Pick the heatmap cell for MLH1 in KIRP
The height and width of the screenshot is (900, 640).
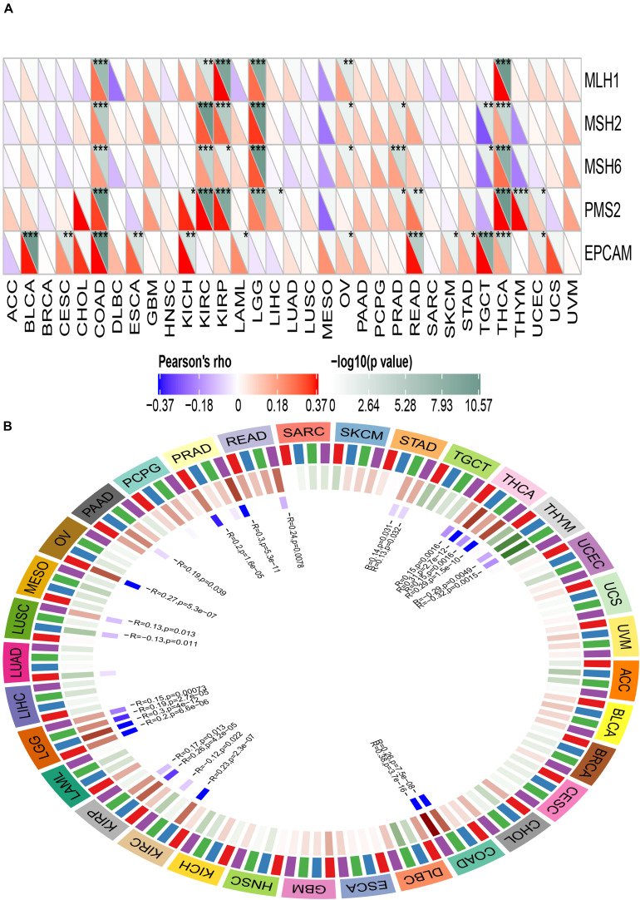(x=222, y=80)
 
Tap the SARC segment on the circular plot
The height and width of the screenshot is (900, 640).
(x=303, y=435)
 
